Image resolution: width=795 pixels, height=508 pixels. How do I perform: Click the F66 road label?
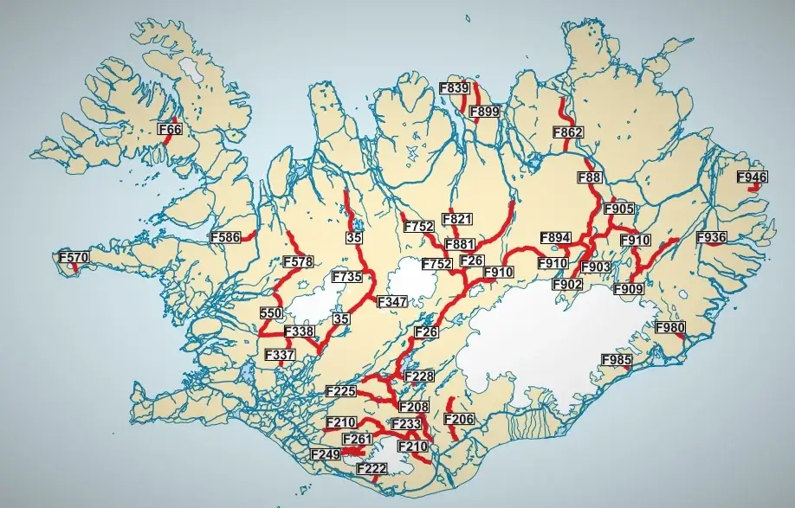click(x=171, y=130)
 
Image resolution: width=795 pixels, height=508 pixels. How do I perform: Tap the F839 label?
click(x=454, y=88)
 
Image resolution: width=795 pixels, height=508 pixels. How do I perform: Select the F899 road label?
click(x=484, y=111)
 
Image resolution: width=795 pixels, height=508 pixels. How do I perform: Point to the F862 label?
click(x=568, y=132)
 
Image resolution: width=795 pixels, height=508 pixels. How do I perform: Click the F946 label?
click(x=752, y=177)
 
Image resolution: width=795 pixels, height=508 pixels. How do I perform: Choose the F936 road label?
click(x=711, y=237)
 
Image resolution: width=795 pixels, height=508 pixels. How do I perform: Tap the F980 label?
click(x=669, y=328)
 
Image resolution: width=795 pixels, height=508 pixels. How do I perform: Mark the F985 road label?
click(x=617, y=360)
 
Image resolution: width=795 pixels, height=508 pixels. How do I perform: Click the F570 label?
click(x=74, y=258)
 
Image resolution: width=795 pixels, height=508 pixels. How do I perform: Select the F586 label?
click(x=225, y=236)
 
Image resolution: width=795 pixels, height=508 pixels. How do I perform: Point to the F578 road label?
click(x=298, y=262)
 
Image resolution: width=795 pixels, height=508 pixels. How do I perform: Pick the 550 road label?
click(x=271, y=312)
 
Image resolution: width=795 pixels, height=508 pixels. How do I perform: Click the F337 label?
click(x=280, y=355)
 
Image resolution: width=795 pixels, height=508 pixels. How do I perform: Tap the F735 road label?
click(x=346, y=278)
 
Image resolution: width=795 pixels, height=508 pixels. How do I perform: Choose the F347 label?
click(x=391, y=301)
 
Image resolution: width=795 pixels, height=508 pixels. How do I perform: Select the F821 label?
click(x=456, y=219)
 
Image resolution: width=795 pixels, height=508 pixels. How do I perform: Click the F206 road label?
click(x=458, y=420)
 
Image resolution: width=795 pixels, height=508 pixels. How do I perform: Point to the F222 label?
click(x=372, y=468)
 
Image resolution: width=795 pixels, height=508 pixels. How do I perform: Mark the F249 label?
click(x=325, y=453)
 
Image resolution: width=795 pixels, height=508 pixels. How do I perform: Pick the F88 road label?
click(x=589, y=177)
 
